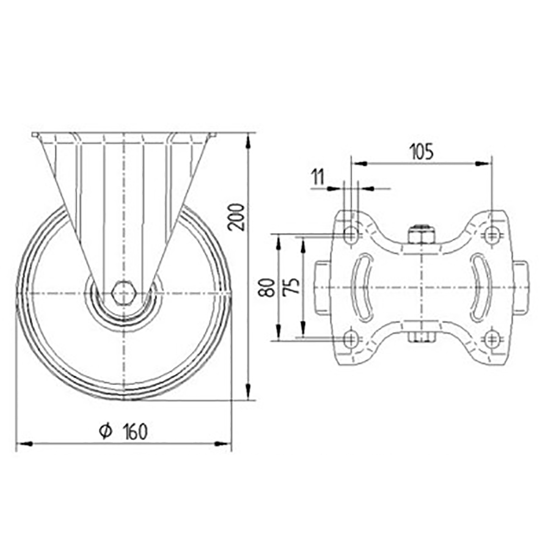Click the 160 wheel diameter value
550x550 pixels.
(x=135, y=431)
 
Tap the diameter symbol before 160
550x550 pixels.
(x=105, y=431)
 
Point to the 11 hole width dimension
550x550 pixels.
(x=318, y=177)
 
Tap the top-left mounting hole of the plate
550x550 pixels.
(x=351, y=233)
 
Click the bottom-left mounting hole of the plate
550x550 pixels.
(x=351, y=340)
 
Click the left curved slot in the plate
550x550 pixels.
(x=362, y=287)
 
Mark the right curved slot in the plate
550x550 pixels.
(x=480, y=287)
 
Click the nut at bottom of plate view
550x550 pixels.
(x=421, y=338)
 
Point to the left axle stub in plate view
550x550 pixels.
(x=323, y=287)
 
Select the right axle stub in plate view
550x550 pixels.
(x=520, y=287)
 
